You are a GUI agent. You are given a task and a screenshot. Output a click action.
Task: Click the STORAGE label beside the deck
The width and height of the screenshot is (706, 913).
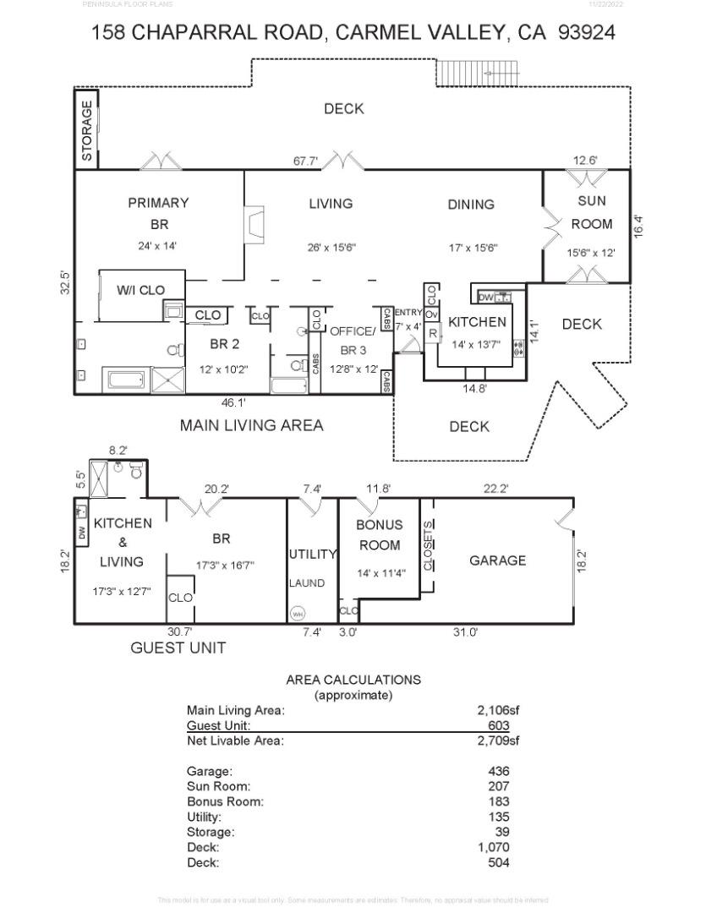coord(87,131)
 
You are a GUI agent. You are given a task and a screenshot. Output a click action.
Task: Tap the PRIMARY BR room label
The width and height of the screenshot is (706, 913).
coord(158,213)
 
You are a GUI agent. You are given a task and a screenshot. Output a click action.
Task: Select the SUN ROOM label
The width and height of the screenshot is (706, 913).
coord(591,213)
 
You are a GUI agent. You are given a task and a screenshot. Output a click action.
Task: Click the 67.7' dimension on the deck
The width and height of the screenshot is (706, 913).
coord(305,161)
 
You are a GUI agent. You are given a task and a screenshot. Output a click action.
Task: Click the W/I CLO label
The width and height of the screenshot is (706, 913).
coord(140,290)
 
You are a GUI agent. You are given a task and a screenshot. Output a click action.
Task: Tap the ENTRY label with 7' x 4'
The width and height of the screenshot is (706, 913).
coord(408,319)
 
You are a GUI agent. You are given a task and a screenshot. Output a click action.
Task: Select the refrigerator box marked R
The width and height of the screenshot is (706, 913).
coord(432,334)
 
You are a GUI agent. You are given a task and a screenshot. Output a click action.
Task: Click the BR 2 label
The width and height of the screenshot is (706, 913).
coord(224,344)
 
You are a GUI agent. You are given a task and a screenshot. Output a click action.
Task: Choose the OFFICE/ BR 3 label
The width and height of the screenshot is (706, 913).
coord(351,340)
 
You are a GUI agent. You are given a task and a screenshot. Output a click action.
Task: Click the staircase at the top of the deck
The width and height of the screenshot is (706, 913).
coord(478,74)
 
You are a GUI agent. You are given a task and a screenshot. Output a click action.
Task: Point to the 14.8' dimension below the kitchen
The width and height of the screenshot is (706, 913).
coord(473,389)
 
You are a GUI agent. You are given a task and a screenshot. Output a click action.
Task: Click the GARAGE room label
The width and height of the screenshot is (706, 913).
coord(497,560)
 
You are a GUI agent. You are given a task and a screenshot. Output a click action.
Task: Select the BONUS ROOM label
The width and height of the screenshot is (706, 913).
coord(380,535)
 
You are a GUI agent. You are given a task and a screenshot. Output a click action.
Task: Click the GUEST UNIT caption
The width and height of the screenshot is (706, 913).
coord(178,648)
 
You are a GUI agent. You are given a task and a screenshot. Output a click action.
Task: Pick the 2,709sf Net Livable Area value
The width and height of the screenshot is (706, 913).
coord(497,741)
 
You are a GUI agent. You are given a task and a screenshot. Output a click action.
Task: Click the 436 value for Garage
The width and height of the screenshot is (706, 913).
coord(499,771)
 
